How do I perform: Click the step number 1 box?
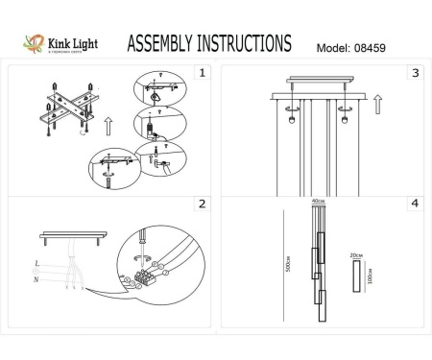(x=202, y=72)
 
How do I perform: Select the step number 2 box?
(x=202, y=204)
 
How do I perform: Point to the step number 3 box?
(x=415, y=72)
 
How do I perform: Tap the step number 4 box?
(x=415, y=204)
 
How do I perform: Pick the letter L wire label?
(x=36, y=263)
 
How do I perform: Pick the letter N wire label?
(x=36, y=279)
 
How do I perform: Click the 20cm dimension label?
(x=357, y=255)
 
